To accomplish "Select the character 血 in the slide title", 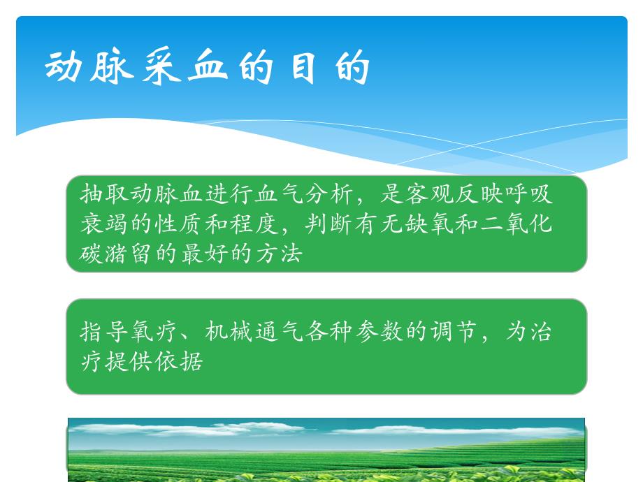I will point(206,68).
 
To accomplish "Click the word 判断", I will point(328,224).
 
